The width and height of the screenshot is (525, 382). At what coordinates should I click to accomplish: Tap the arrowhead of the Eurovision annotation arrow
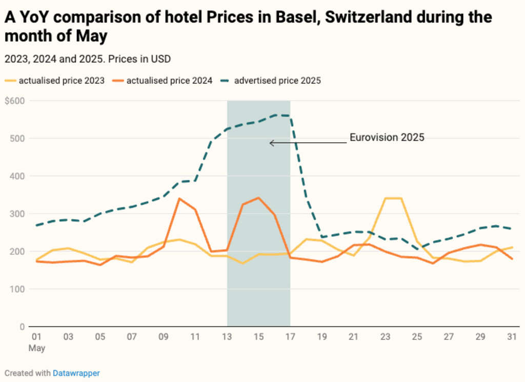pyautogui.click(x=271, y=143)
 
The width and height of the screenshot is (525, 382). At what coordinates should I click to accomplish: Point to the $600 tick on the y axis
pyautogui.click(x=15, y=101)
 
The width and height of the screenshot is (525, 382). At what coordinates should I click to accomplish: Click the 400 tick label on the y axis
pyautogui.click(x=18, y=176)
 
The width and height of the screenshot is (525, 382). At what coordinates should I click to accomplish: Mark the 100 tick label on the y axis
pyautogui.click(x=18, y=289)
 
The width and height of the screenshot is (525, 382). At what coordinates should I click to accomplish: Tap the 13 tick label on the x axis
pyautogui.click(x=227, y=337)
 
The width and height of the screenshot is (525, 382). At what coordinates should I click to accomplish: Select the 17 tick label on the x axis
pyautogui.click(x=290, y=337)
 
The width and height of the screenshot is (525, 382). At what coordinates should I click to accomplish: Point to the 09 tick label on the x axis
pyautogui.click(x=164, y=337)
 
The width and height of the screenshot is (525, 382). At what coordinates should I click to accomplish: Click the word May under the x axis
pyautogui.click(x=37, y=348)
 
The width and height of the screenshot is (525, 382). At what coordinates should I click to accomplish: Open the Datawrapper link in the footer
pyautogui.click(x=76, y=373)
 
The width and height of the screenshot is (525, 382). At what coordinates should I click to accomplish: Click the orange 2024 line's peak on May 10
pyautogui.click(x=179, y=199)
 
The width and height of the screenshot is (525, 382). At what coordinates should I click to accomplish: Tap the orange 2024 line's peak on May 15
pyautogui.click(x=258, y=198)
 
